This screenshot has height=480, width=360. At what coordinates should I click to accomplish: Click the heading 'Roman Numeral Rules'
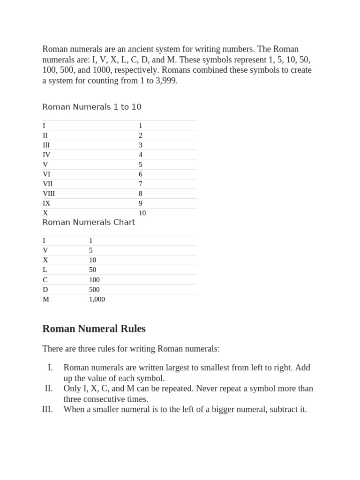[94, 329]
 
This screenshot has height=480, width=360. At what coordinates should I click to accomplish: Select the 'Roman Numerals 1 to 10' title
[92, 107]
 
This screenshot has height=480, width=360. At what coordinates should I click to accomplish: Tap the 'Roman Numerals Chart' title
[89, 222]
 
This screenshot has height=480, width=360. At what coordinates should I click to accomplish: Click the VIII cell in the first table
[49, 194]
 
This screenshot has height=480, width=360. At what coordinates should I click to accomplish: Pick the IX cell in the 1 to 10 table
[46, 203]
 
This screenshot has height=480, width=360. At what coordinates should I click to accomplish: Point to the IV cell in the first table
[46, 155]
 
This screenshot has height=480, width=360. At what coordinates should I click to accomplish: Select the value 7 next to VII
[140, 184]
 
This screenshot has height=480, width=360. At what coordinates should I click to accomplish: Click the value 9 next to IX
[140, 203]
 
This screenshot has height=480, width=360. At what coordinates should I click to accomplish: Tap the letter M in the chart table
[45, 300]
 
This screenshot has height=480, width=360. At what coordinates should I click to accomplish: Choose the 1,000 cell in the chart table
[97, 300]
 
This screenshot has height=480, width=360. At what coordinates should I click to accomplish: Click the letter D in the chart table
[45, 290]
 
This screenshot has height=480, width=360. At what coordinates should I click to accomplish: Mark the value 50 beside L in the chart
[92, 270]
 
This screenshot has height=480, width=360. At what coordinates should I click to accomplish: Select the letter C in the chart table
[45, 280]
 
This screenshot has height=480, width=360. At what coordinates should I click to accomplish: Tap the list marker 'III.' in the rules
[48, 409]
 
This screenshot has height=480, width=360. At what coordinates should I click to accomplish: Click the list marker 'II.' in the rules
[49, 389]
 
